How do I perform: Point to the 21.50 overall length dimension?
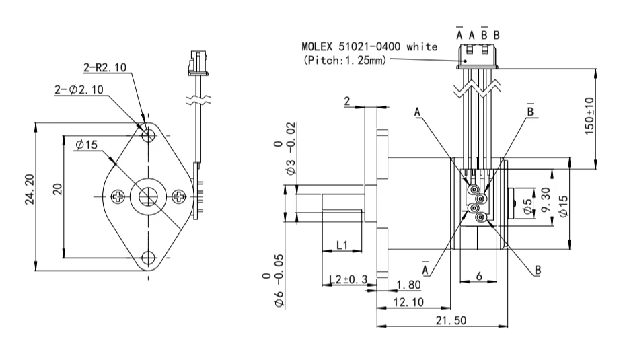click(449, 320)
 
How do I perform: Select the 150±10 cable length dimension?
click(589, 117)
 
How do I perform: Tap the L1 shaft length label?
click(342, 245)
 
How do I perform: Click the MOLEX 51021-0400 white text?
click(369, 47)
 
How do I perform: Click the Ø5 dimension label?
click(527, 204)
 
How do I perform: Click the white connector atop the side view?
click(478, 57)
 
